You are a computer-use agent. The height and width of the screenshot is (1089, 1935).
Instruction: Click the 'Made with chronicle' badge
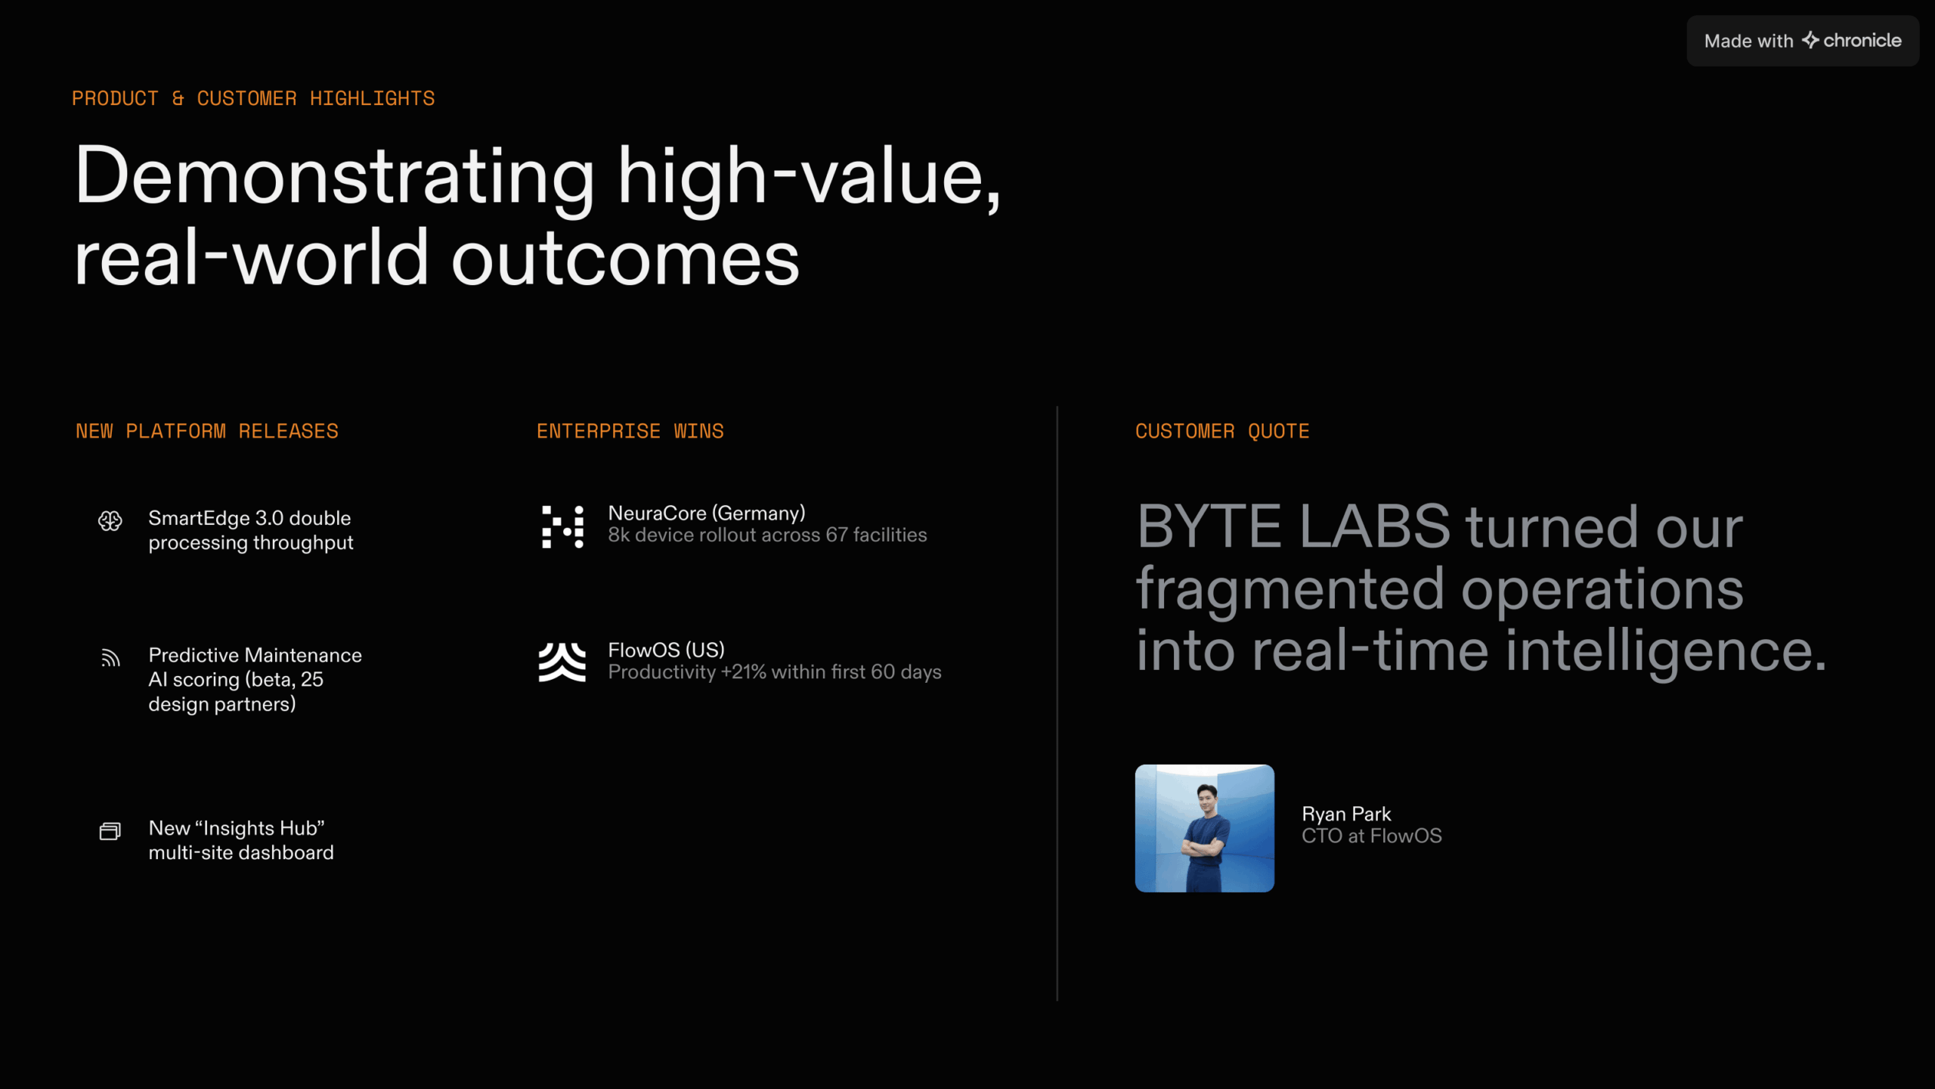[x=1803, y=41]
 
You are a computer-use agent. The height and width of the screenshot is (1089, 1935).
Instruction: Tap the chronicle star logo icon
[x=1810, y=40]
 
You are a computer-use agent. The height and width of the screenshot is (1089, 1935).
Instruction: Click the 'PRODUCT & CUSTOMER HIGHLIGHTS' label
[x=253, y=98]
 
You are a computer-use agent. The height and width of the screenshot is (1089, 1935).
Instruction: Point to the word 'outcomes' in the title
[x=625, y=258]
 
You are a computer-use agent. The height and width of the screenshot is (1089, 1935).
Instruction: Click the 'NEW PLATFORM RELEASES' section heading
[x=207, y=431]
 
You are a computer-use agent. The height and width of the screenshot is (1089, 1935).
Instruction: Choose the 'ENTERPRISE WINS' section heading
[x=630, y=431]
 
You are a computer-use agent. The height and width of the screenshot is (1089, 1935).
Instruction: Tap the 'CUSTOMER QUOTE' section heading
[x=1222, y=431]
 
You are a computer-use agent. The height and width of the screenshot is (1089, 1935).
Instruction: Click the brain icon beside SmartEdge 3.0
[x=110, y=520]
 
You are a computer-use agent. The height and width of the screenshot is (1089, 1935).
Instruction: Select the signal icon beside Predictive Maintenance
[x=110, y=658]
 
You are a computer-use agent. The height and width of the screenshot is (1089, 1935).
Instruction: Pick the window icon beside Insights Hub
[x=110, y=831]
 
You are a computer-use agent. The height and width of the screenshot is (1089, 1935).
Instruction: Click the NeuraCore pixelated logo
[x=563, y=527]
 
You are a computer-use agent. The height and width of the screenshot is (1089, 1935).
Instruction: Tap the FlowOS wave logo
[x=562, y=662]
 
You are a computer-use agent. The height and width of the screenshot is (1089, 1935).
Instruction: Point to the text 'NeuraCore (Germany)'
[x=707, y=513]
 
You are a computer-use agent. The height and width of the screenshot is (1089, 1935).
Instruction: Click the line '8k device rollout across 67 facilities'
[x=767, y=535]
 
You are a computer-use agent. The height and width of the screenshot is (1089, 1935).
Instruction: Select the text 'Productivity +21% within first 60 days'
[x=775, y=672]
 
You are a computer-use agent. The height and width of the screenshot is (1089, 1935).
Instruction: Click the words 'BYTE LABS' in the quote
[x=1294, y=526]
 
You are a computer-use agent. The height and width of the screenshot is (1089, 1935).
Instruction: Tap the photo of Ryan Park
[x=1205, y=828]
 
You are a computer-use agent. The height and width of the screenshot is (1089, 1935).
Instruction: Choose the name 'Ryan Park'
[x=1346, y=814]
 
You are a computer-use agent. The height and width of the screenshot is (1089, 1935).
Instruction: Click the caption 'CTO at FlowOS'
[x=1372, y=836]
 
